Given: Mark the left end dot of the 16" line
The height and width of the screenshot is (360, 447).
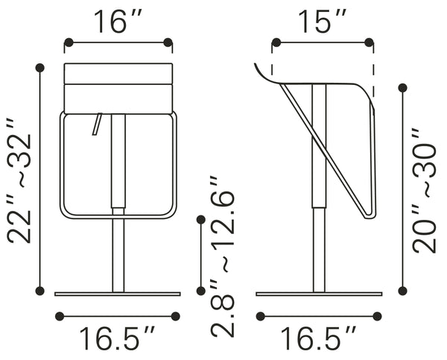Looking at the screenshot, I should [x=67, y=42].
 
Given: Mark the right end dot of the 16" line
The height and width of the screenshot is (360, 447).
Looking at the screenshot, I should [x=168, y=42].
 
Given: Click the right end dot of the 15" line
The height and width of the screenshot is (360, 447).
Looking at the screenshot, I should [x=371, y=42].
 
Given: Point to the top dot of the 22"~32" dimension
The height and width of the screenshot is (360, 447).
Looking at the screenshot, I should [x=39, y=67].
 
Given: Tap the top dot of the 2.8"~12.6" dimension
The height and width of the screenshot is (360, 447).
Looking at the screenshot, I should [x=201, y=219].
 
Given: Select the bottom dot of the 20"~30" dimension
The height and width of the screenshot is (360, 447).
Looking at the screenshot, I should [x=403, y=291].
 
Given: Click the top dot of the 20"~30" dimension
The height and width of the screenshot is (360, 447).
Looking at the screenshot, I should [x=403, y=88].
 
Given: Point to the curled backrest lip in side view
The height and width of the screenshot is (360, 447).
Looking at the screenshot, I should [x=261, y=71].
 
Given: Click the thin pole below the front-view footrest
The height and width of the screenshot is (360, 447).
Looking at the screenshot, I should [x=118, y=253].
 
